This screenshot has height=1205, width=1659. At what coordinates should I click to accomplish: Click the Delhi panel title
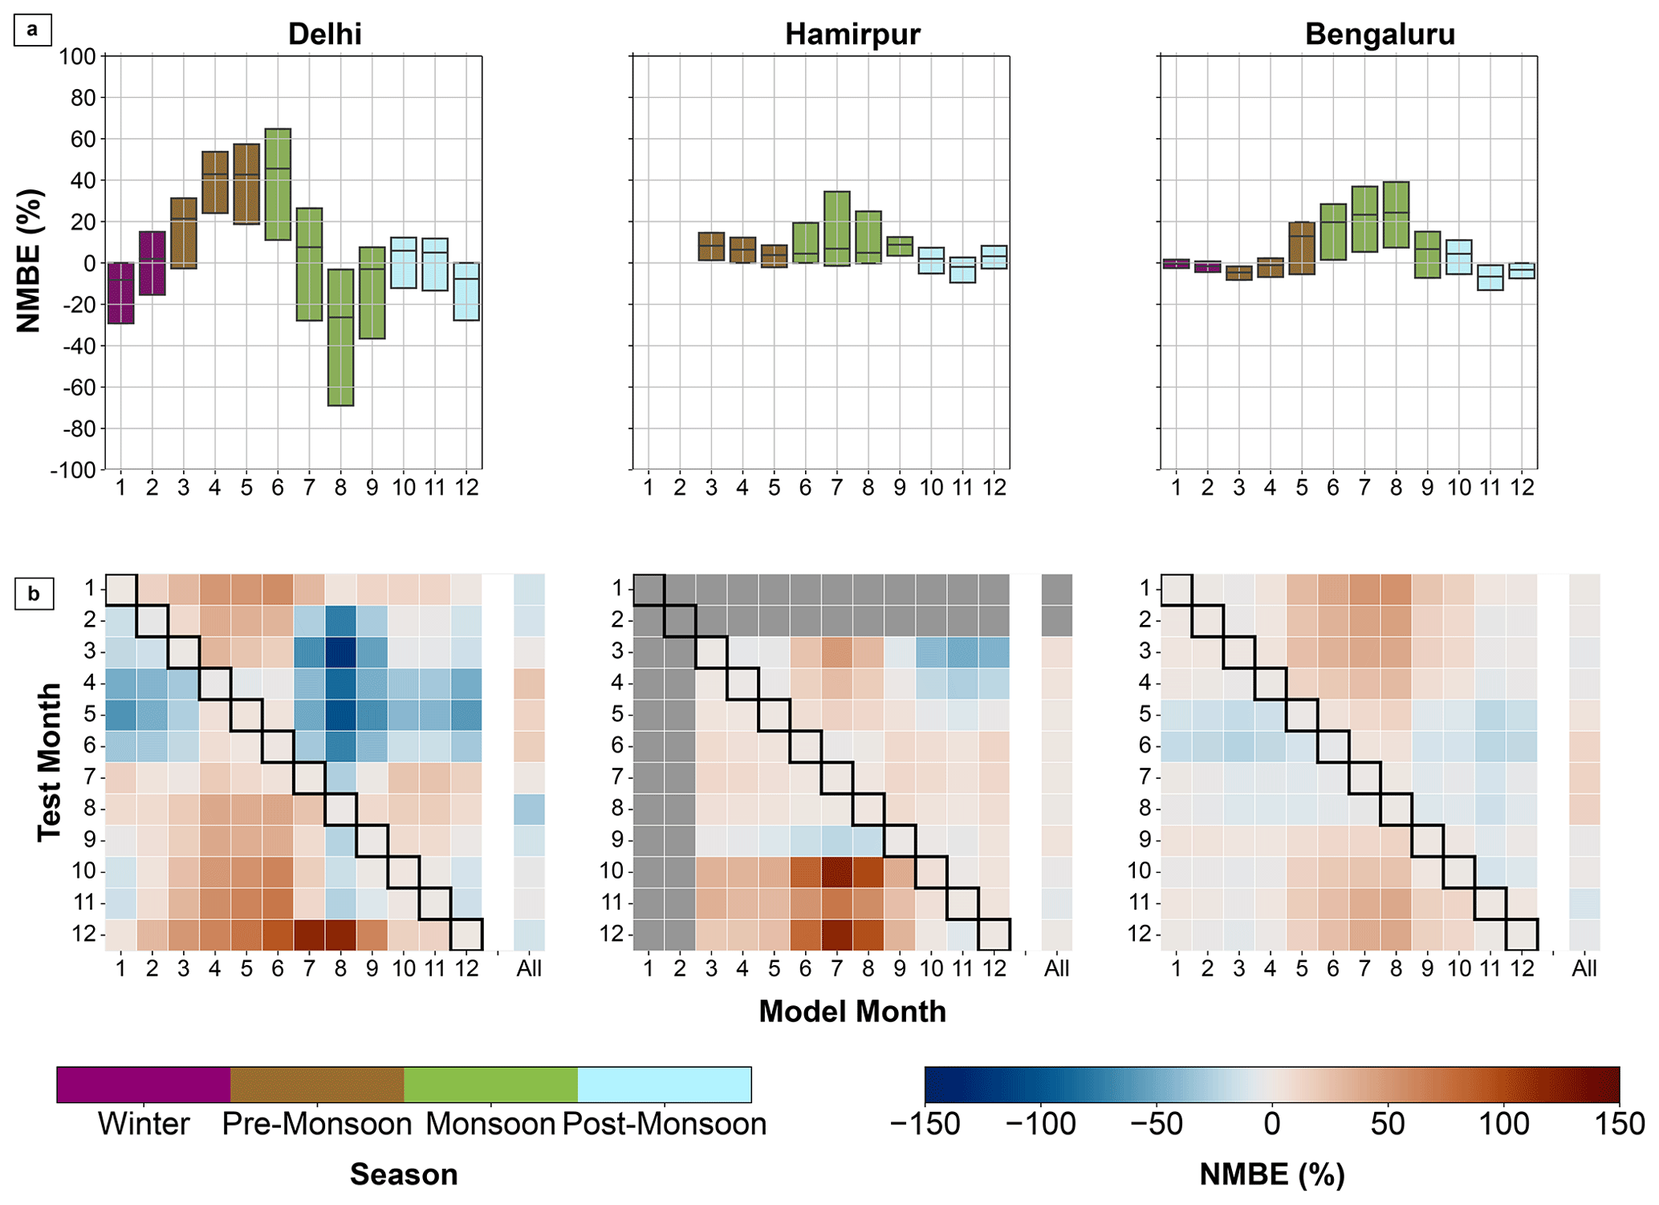pos(324,34)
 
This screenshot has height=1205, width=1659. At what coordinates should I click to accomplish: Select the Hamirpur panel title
pos(852,34)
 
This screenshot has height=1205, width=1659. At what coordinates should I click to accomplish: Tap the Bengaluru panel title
pos(1380,34)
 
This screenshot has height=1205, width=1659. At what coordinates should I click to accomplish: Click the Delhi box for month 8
pos(340,337)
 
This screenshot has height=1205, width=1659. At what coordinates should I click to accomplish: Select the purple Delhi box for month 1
pos(120,293)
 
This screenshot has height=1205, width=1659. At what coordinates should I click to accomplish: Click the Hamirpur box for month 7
pos(836,229)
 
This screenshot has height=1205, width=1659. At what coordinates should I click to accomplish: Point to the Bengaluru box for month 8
pos(1396,215)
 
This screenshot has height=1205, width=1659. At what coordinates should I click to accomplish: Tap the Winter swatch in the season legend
pos(144,1085)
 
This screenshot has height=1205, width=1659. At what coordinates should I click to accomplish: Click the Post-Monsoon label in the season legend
pos(664,1124)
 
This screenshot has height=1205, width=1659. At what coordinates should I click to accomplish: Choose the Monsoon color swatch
pos(490,1085)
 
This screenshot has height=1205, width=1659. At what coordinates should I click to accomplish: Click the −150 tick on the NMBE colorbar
pos(925,1124)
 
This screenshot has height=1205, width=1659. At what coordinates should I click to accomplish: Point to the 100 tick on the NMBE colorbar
pos(1503,1124)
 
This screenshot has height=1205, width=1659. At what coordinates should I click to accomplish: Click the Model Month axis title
pos(852,1012)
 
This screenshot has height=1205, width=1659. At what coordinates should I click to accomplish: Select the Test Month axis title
pos(50,761)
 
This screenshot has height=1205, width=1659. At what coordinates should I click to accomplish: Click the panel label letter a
pos(33,30)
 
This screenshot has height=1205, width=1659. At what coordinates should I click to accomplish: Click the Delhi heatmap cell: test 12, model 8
pos(340,935)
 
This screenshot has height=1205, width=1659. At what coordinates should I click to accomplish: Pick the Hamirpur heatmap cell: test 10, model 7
pos(836,871)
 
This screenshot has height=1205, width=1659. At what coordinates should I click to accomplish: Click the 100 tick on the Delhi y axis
pos(78,57)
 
